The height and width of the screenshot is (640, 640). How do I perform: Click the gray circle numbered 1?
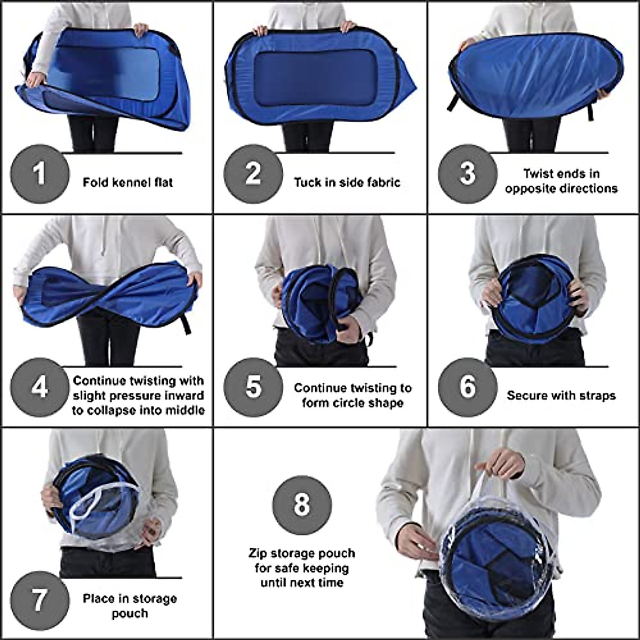(40, 174)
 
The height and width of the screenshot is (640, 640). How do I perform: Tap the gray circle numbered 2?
(253, 174)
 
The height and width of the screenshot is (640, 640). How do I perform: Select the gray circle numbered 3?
(468, 174)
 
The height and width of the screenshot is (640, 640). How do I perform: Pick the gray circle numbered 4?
(40, 387)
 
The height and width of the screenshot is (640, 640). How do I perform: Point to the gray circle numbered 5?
(253, 387)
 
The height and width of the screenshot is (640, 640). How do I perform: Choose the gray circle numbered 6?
(468, 387)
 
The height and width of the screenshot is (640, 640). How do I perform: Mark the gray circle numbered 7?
(40, 601)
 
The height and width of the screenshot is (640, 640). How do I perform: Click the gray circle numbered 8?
(302, 505)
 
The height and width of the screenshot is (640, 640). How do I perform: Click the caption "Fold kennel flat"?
(127, 182)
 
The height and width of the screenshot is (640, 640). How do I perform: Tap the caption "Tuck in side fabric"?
(347, 182)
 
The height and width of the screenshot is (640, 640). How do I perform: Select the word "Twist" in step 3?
(538, 174)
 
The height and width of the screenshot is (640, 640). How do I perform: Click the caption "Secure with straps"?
(561, 396)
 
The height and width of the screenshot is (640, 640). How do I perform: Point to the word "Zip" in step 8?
(259, 553)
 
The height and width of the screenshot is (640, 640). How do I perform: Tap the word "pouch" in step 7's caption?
(130, 613)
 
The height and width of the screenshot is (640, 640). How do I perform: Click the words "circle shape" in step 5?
(352, 403)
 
